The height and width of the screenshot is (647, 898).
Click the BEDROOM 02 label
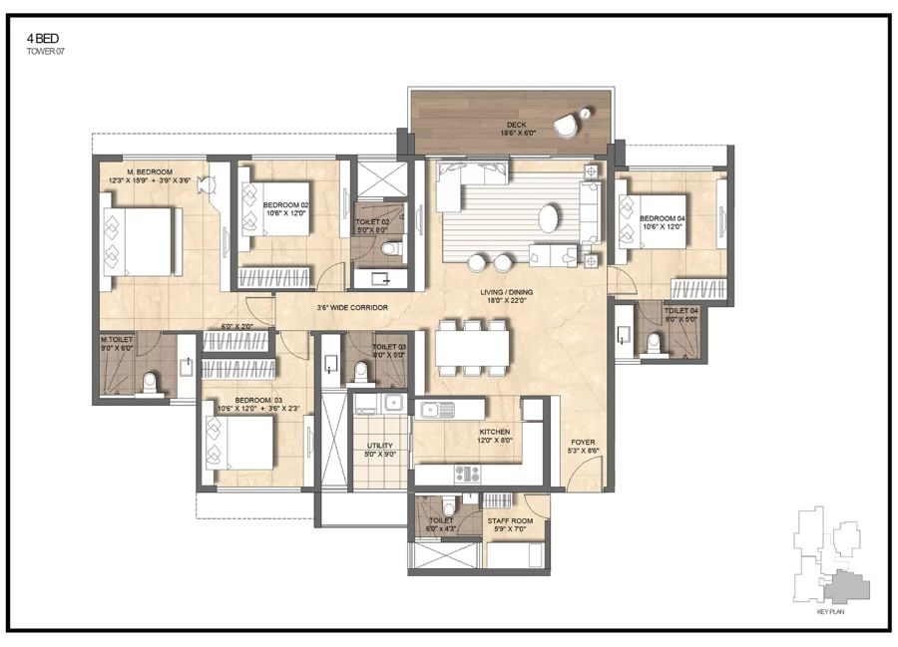tap(287, 204)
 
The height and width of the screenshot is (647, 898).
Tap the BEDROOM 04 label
tap(663, 218)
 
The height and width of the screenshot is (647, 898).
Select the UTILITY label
tap(379, 447)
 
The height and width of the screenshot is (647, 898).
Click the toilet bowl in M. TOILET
tap(151, 381)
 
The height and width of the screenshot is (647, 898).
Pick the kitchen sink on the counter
tap(436, 409)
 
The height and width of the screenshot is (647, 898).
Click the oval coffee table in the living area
tap(550, 215)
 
